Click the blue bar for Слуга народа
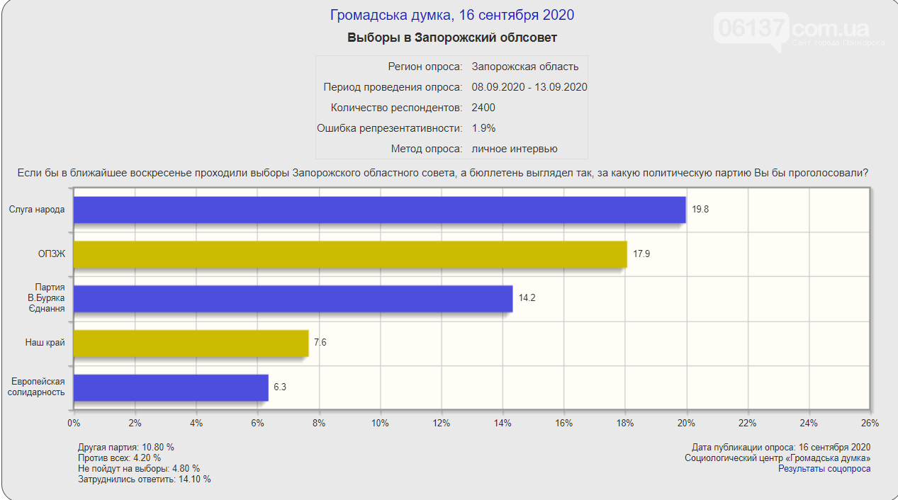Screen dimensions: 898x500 click(x=380, y=210)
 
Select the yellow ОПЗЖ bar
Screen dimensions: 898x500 click(x=350, y=254)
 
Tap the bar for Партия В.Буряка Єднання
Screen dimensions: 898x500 click(x=293, y=298)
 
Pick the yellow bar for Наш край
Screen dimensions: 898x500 click(x=191, y=343)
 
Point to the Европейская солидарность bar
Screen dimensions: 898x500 click(x=172, y=387)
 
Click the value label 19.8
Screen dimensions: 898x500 click(x=700, y=210)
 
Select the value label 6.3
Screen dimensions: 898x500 click(x=280, y=387)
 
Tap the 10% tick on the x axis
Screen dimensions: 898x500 click(x=380, y=423)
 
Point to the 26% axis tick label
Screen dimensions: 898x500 click(x=870, y=423)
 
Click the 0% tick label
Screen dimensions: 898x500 click(x=74, y=423)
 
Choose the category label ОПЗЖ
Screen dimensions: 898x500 click(x=51, y=254)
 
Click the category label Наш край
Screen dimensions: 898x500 click(x=45, y=343)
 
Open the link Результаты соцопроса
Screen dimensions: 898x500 click(x=824, y=469)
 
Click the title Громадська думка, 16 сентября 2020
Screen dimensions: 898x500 click(x=451, y=15)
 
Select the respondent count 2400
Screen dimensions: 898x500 click(x=483, y=108)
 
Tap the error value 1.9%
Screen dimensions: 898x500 click(x=483, y=128)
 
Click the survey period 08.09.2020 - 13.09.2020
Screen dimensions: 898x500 click(x=529, y=87)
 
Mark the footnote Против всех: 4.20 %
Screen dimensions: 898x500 click(x=120, y=458)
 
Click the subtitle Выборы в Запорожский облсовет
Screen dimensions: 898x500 click(x=451, y=38)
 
